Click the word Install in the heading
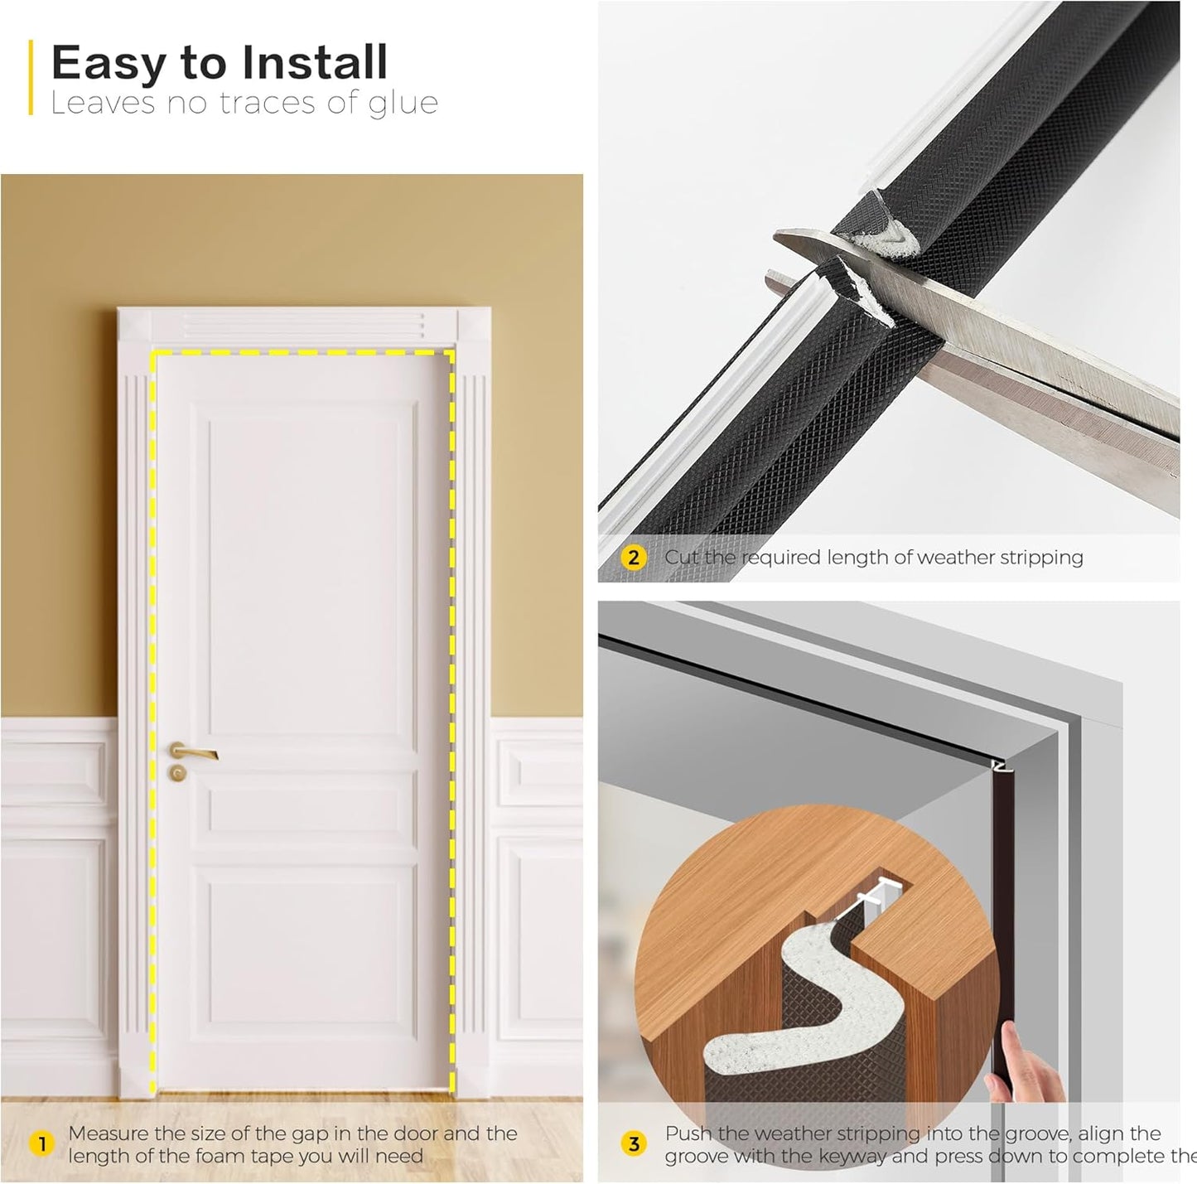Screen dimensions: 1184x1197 point(314,62)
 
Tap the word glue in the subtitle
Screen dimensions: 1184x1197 point(405,104)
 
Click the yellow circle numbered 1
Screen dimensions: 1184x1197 point(41,1144)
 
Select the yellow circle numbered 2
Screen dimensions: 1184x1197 point(634,558)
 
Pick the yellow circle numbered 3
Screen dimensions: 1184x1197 point(634,1144)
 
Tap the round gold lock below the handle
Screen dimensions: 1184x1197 point(177,774)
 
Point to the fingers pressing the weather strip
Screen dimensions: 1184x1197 point(1027,1069)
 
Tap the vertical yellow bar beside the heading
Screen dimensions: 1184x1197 point(31,77)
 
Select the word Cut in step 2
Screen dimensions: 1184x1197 point(682,558)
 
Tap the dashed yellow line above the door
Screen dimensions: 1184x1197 point(302,352)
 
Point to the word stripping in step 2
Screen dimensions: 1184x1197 point(1041,558)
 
